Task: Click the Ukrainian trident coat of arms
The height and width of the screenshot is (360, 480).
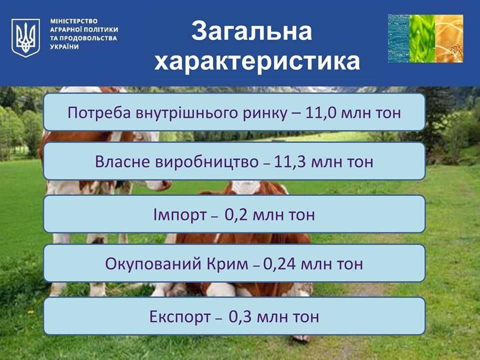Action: click(25, 37)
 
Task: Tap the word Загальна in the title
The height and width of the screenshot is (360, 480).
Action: click(251, 31)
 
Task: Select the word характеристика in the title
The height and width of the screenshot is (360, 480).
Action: click(257, 61)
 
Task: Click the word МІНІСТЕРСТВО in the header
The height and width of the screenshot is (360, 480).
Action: click(74, 21)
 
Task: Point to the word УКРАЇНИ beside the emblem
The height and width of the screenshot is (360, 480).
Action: click(64, 47)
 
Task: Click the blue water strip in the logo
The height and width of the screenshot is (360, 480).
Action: click(399, 38)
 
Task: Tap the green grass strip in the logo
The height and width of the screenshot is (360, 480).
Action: click(422, 38)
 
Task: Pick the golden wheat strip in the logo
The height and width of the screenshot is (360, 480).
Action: click(449, 38)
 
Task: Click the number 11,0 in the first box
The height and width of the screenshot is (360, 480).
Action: click(321, 112)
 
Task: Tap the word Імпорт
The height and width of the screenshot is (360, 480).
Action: click(180, 214)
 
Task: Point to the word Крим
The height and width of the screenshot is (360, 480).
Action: click(227, 263)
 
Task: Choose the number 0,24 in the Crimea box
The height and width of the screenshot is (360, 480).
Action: click(279, 263)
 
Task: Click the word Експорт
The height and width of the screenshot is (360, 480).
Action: click(180, 316)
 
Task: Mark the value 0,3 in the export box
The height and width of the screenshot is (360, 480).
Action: click(240, 316)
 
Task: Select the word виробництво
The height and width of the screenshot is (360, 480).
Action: click(207, 162)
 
